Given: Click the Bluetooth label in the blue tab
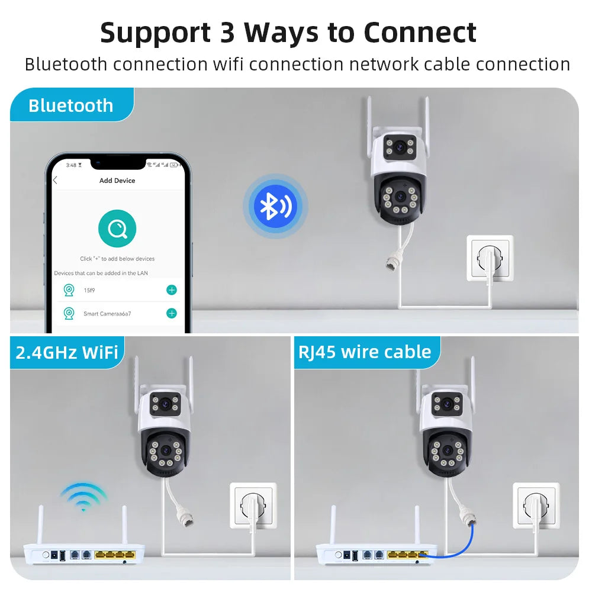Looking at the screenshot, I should (x=70, y=105).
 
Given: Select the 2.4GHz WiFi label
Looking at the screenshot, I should (x=67, y=352).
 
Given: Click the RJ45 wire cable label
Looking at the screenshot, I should (x=365, y=352).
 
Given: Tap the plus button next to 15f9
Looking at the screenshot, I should (x=172, y=289).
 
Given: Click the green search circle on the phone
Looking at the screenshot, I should (x=117, y=228).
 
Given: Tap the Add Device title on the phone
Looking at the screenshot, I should (x=117, y=181).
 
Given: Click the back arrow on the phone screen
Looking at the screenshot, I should (x=55, y=181).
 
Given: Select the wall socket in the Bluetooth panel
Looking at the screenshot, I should (x=490, y=259).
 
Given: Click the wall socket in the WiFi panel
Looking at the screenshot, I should (x=253, y=506).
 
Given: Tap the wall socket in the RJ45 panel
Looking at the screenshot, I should (x=536, y=506).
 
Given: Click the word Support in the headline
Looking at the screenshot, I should (x=155, y=33).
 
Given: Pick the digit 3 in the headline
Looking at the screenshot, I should (x=227, y=33).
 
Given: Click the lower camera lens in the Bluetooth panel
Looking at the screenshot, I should (x=400, y=197).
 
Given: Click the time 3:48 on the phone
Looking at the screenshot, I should (x=71, y=165).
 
